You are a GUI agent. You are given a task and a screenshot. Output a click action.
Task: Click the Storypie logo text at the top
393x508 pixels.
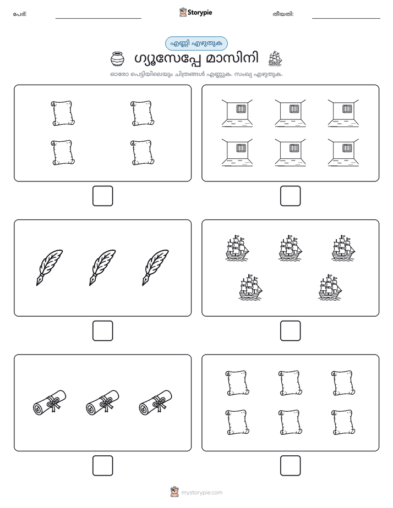point(200,13)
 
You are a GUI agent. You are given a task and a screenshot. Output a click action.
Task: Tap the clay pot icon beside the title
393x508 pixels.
point(117,59)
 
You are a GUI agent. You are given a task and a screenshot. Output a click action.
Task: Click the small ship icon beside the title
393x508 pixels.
point(275,59)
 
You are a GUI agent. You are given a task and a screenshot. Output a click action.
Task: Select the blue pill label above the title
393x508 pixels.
point(196,43)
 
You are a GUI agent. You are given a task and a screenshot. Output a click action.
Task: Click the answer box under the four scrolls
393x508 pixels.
point(103,196)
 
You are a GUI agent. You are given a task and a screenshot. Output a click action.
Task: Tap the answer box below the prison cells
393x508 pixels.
point(290,196)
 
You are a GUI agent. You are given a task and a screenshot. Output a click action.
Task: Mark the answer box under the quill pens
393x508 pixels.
point(103,331)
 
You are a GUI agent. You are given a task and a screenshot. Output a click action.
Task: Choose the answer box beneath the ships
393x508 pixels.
point(290,331)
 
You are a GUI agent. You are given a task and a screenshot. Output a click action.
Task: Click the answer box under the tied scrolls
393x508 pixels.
point(103,466)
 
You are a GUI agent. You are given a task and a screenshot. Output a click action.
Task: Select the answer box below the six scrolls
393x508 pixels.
point(290,466)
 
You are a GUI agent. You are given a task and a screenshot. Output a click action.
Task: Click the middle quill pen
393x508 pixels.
point(102,268)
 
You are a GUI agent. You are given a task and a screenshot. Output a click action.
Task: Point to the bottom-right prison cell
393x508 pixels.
point(343,153)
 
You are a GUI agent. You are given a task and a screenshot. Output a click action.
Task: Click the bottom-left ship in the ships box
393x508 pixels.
point(250,287)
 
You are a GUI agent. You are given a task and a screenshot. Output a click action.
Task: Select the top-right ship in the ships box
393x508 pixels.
point(343,248)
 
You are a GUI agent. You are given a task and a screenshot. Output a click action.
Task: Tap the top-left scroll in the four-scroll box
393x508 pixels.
point(63,113)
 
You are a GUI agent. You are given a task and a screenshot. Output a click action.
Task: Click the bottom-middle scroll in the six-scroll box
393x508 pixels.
point(290,422)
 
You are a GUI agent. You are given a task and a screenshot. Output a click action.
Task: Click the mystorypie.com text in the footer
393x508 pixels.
point(201,493)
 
